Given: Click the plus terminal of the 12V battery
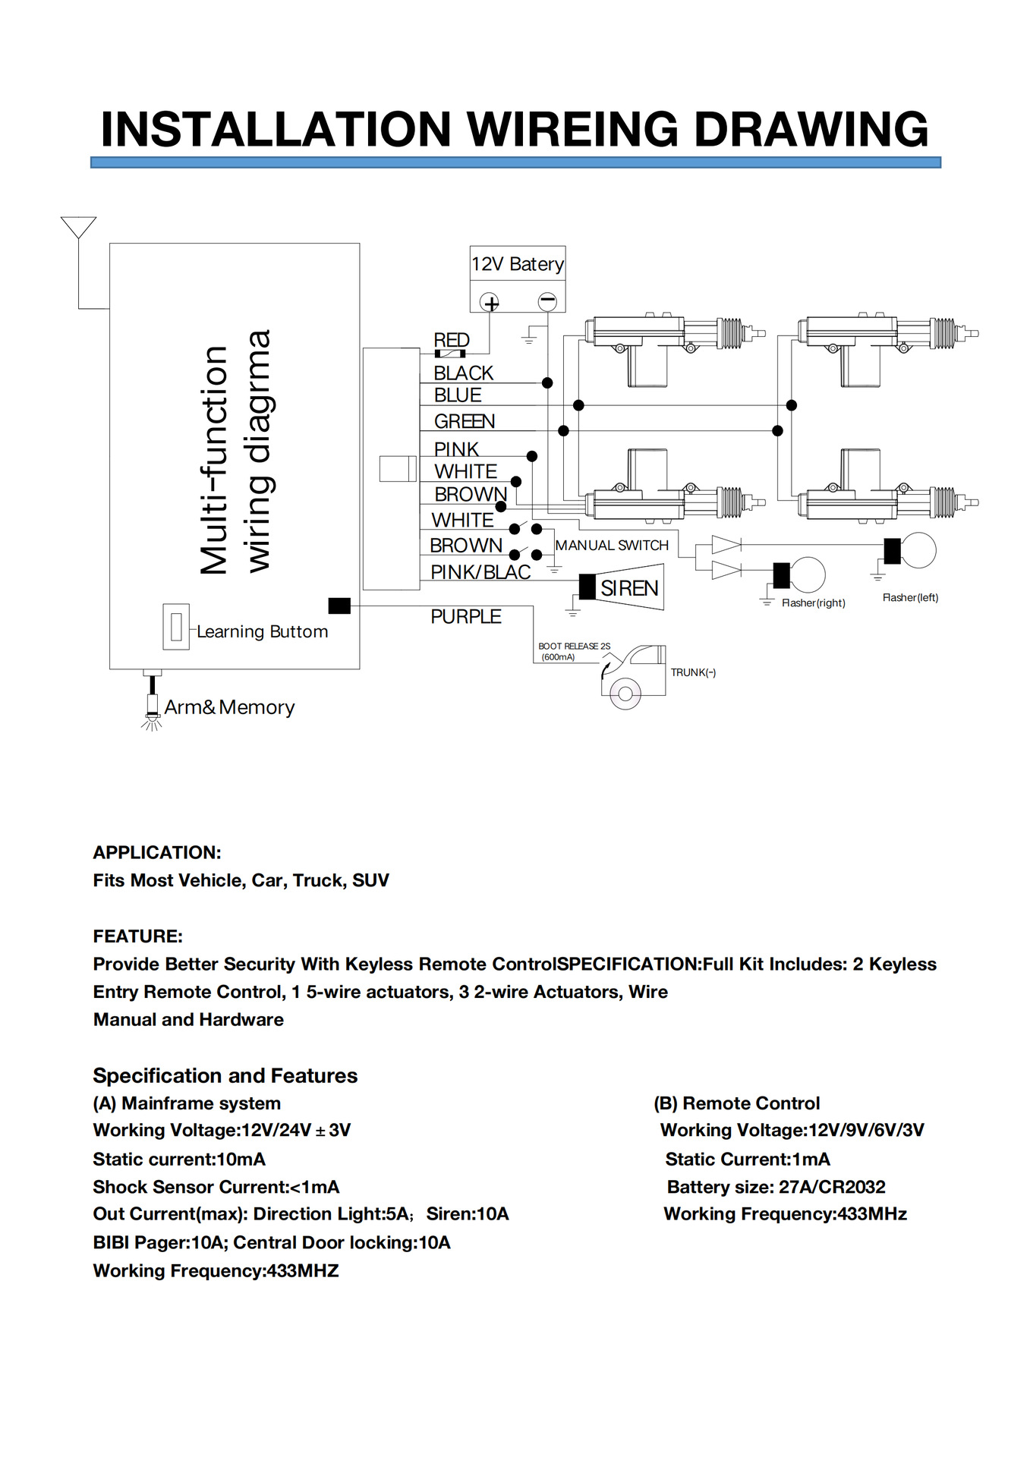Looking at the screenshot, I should [490, 303].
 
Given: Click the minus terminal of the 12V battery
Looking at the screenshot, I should [547, 301].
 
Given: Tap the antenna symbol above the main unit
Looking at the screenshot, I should [78, 228].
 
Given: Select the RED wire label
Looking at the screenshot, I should [452, 340].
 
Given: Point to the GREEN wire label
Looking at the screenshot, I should [464, 421].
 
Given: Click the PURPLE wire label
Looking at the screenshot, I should [466, 617].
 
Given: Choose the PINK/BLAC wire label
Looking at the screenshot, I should [480, 572].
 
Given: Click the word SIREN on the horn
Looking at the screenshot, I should [629, 588].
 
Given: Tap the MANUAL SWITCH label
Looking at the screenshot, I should [612, 546].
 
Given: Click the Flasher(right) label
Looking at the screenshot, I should [813, 603].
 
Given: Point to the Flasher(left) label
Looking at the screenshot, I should [910, 598].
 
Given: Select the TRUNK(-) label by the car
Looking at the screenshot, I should [693, 672].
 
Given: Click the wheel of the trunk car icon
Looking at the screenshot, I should [625, 694].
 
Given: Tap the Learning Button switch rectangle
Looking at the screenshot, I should [176, 626].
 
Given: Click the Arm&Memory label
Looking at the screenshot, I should [229, 707].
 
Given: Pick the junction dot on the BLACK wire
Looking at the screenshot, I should [547, 383].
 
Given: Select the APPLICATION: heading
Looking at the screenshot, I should [157, 852].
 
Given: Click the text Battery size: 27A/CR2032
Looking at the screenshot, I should [776, 1187].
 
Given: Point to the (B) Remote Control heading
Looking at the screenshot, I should [737, 1103].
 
